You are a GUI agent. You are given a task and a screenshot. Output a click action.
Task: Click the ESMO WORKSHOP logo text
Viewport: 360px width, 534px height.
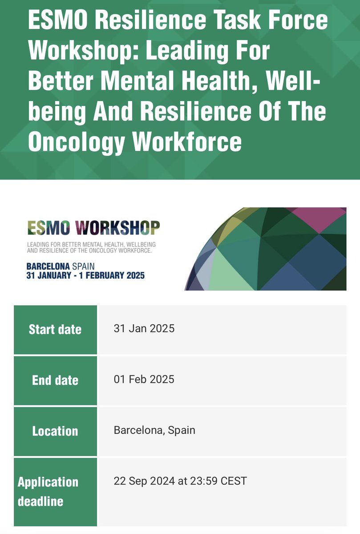coord(93,227)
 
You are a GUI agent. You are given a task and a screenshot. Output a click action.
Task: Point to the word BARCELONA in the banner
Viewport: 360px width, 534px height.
coord(48,266)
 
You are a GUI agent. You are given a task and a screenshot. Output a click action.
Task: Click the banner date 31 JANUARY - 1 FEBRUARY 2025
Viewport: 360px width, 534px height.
coord(85,275)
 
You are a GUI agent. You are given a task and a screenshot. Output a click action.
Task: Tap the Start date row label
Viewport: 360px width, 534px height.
coord(55,330)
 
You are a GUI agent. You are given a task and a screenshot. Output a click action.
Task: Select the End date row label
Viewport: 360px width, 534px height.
coord(55,380)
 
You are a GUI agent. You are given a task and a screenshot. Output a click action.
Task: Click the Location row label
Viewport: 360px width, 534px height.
coord(55,431)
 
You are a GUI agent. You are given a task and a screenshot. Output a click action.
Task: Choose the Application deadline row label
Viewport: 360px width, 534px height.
coord(48,492)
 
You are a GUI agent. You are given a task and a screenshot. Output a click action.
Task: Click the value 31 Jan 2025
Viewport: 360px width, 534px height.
coord(144,329)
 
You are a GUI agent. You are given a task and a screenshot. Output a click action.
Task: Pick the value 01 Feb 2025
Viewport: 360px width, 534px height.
coord(144,380)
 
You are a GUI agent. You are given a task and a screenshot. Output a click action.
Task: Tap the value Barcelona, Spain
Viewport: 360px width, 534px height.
coord(154,430)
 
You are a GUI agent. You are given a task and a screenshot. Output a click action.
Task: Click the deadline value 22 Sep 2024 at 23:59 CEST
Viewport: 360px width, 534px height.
coord(180,481)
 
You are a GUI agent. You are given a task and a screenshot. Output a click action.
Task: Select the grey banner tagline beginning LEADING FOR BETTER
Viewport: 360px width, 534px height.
coord(91,248)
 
